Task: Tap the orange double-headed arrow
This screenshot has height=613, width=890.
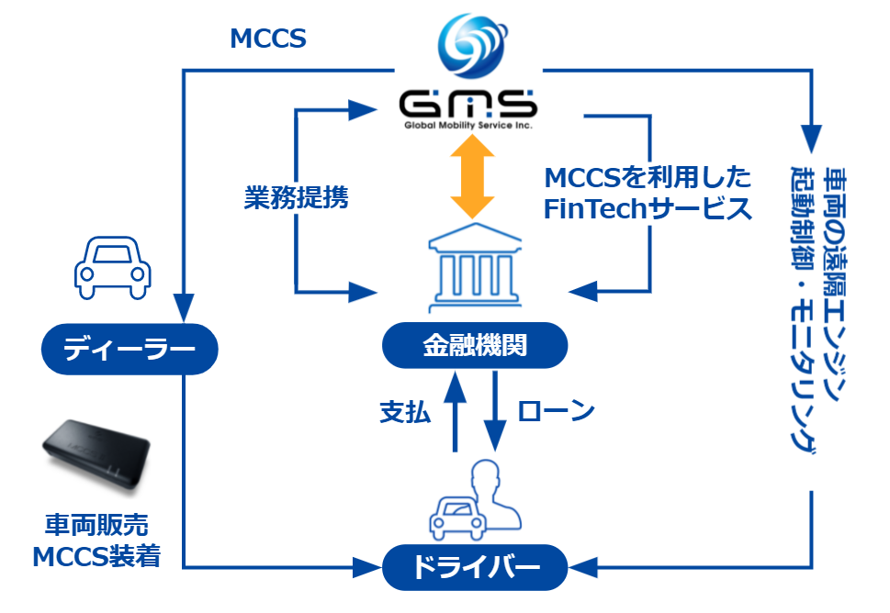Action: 470,175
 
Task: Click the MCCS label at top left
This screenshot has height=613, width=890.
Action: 267,39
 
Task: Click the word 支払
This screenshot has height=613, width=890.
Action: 405,412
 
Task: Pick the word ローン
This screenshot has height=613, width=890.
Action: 557,411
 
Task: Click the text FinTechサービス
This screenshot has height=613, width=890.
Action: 648,208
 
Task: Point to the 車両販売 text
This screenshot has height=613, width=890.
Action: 96,525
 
